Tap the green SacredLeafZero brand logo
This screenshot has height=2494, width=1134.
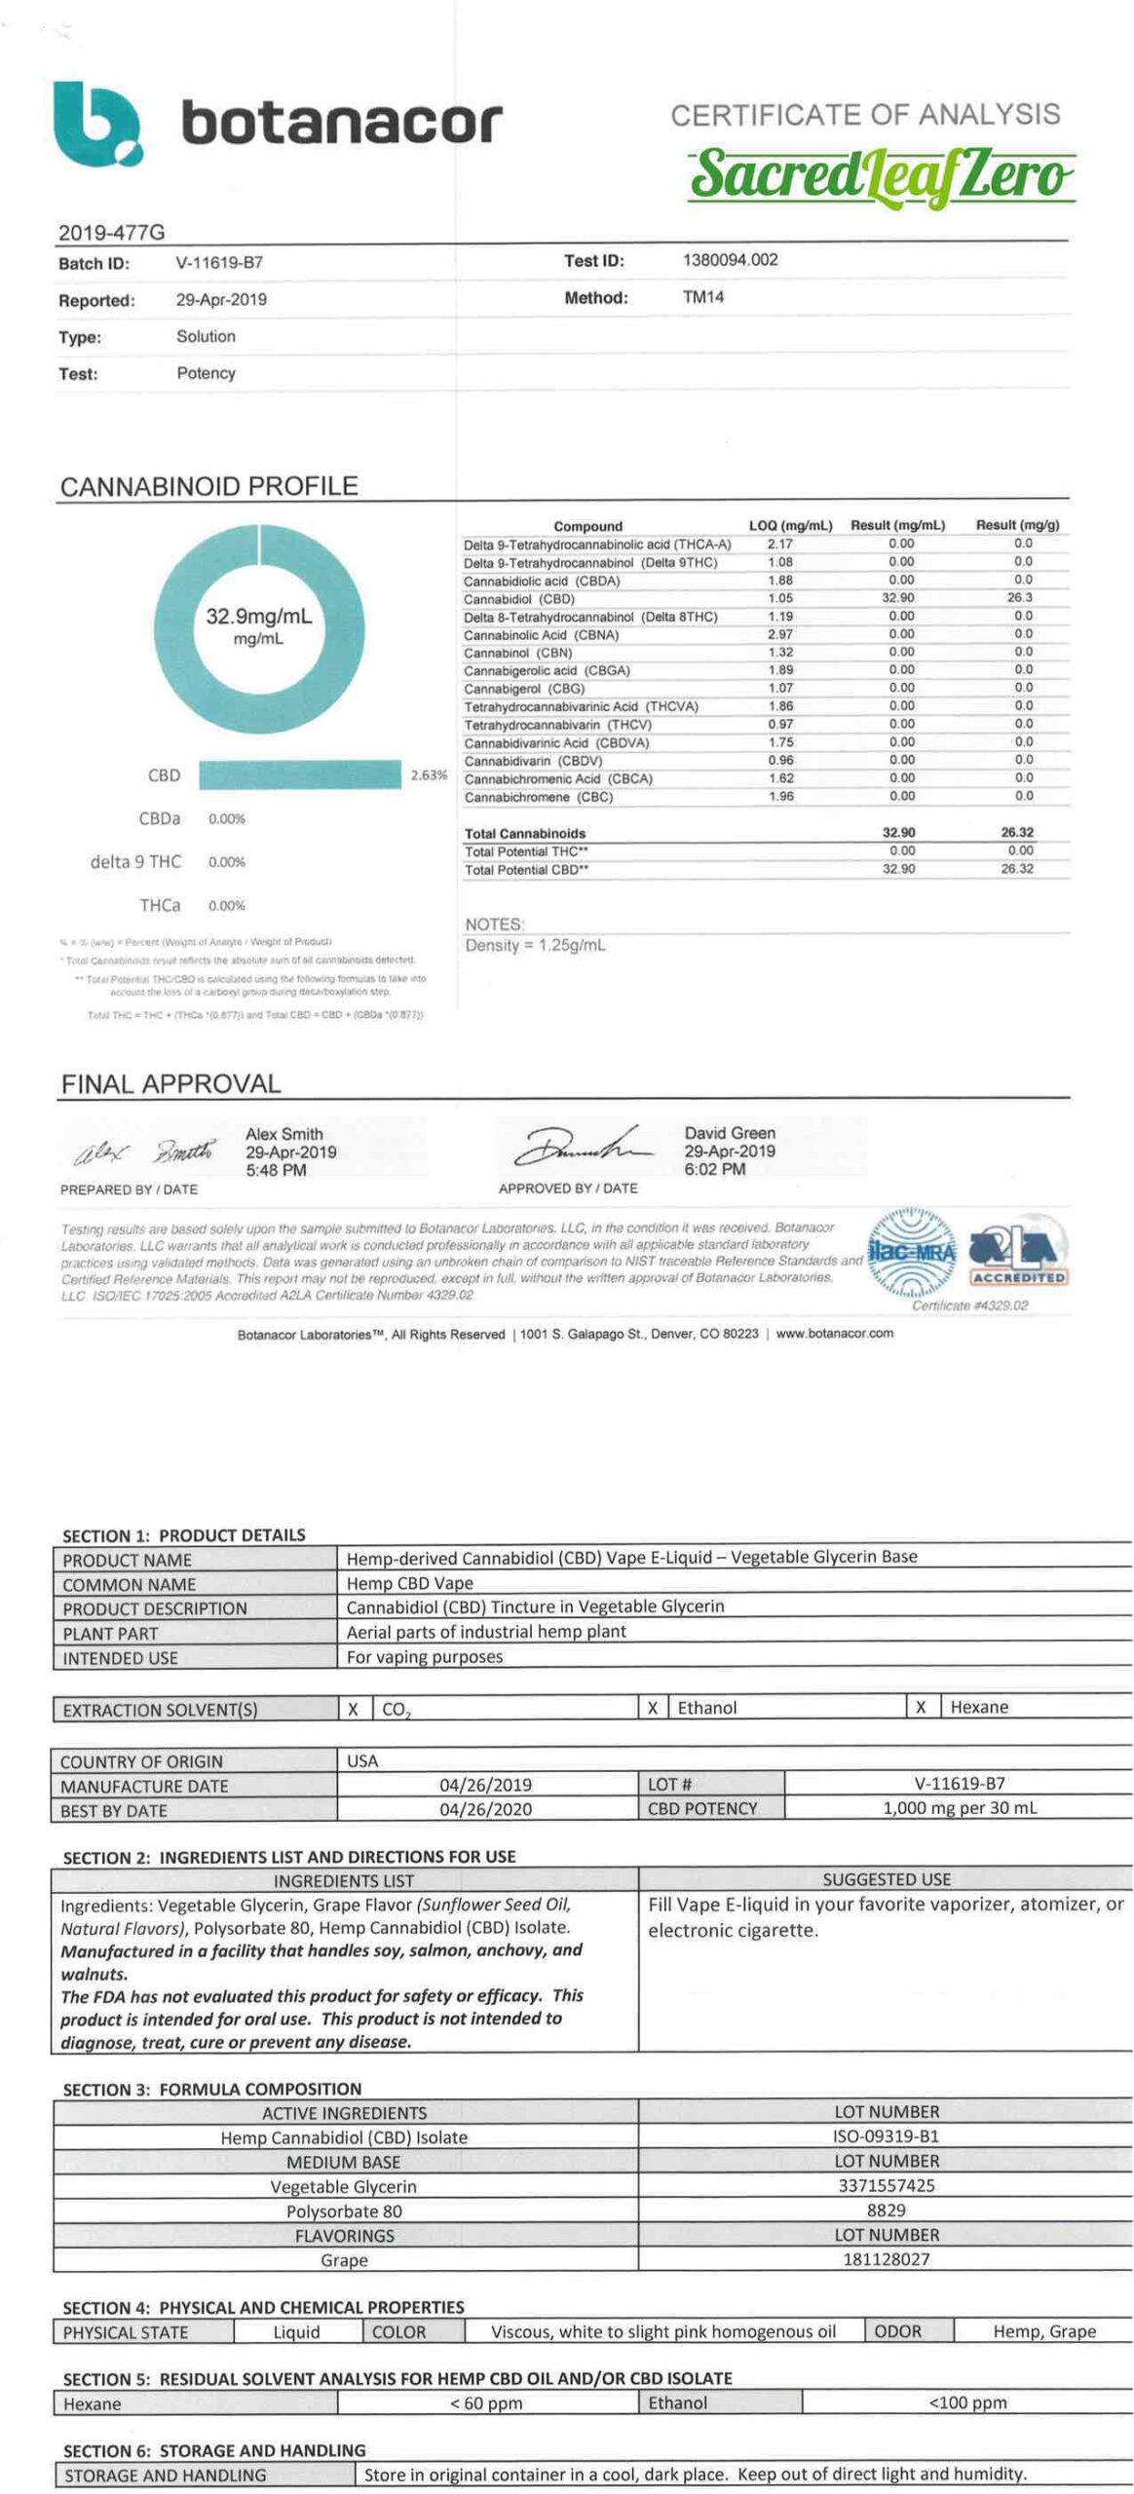(881, 176)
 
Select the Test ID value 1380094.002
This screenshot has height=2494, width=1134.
(730, 260)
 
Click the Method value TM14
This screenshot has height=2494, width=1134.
(702, 297)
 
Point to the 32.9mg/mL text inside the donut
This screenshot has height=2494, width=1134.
(258, 617)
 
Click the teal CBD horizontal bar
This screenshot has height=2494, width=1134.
(299, 775)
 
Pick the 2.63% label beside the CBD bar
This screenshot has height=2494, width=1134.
(429, 775)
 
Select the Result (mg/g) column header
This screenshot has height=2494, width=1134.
(1017, 525)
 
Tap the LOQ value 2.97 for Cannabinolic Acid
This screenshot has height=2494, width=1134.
(779, 634)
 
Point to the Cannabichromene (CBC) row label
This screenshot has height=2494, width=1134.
(538, 797)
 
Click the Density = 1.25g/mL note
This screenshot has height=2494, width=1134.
(535, 945)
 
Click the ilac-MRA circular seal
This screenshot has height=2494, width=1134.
(911, 1253)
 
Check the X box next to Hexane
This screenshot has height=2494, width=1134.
(920, 1707)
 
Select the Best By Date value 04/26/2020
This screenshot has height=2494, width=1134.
(485, 1809)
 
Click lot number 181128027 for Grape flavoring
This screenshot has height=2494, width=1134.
(886, 2258)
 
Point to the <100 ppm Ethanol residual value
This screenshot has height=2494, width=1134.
(966, 2402)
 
